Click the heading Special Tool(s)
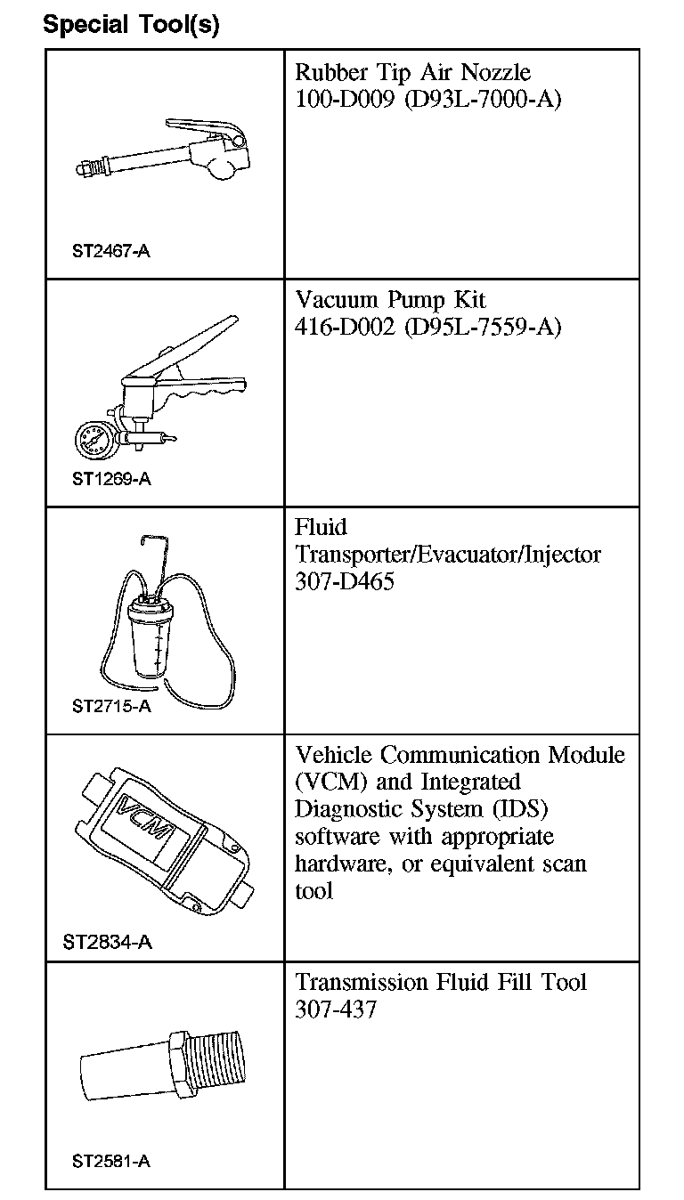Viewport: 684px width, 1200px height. (x=131, y=25)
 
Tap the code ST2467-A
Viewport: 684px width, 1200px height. (x=111, y=251)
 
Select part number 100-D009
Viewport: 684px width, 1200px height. (x=344, y=99)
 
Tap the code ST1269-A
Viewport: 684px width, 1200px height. (x=111, y=479)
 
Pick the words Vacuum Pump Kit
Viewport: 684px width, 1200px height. (x=390, y=299)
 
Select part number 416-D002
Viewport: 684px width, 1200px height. (x=344, y=327)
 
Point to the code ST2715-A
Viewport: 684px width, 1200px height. (x=111, y=707)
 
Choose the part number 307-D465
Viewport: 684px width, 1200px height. (x=344, y=582)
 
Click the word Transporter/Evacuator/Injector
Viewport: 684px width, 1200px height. (x=448, y=555)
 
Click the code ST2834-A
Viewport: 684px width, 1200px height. (x=108, y=942)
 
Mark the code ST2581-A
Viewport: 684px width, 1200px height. (x=111, y=1162)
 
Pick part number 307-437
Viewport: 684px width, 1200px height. (x=336, y=1009)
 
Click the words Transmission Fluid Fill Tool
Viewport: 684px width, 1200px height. (x=441, y=982)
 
